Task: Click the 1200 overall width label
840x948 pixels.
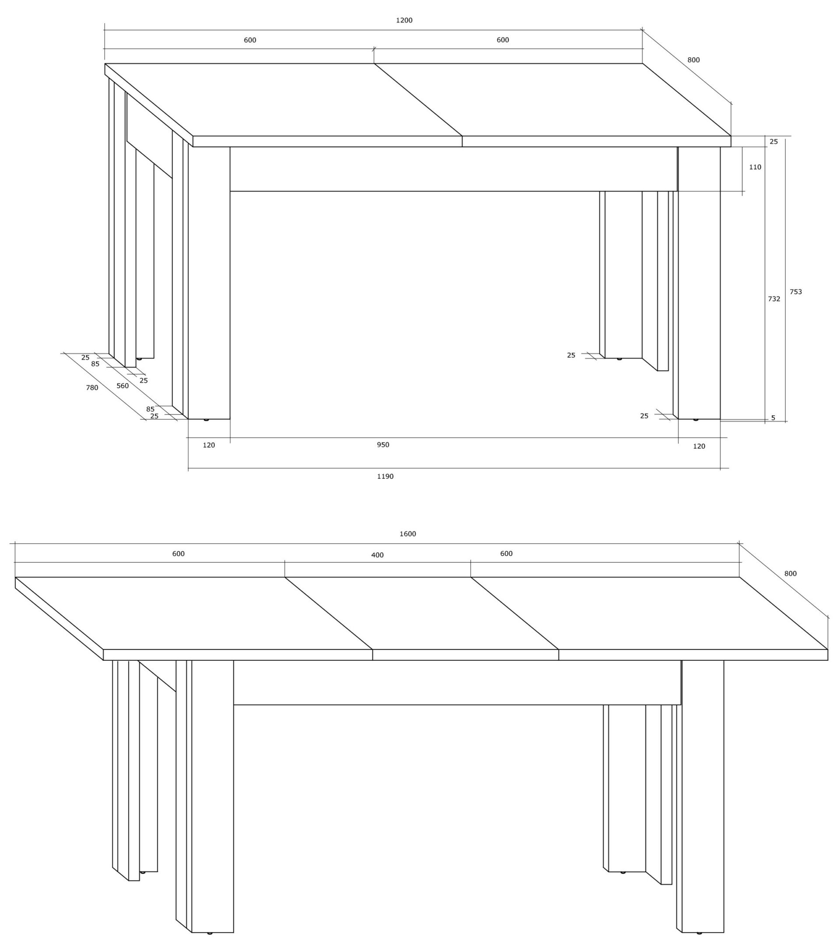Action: coord(404,21)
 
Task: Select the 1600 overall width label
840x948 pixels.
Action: coord(407,534)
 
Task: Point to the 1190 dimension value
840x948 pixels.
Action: coord(385,476)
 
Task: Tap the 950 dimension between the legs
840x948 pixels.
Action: coord(383,445)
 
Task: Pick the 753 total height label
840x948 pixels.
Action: coord(795,292)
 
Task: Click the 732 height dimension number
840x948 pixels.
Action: coord(773,299)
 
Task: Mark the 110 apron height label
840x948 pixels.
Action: coord(755,167)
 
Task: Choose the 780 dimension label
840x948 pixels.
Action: coord(92,388)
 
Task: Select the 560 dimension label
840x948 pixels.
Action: coord(122,386)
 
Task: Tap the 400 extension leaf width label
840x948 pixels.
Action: coord(377,555)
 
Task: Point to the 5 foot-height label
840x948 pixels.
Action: coord(773,418)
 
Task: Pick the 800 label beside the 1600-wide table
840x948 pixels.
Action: coord(790,574)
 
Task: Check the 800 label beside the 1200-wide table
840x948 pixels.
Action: coord(693,60)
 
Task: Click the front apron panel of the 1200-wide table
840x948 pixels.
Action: coord(453,169)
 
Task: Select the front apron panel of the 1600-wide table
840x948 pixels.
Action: coord(457,682)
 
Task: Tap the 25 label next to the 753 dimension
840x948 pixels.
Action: coord(773,142)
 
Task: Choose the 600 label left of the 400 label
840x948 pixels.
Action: coord(178,554)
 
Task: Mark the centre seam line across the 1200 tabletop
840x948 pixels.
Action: coord(418,100)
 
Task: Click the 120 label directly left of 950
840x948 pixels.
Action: coord(209,445)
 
